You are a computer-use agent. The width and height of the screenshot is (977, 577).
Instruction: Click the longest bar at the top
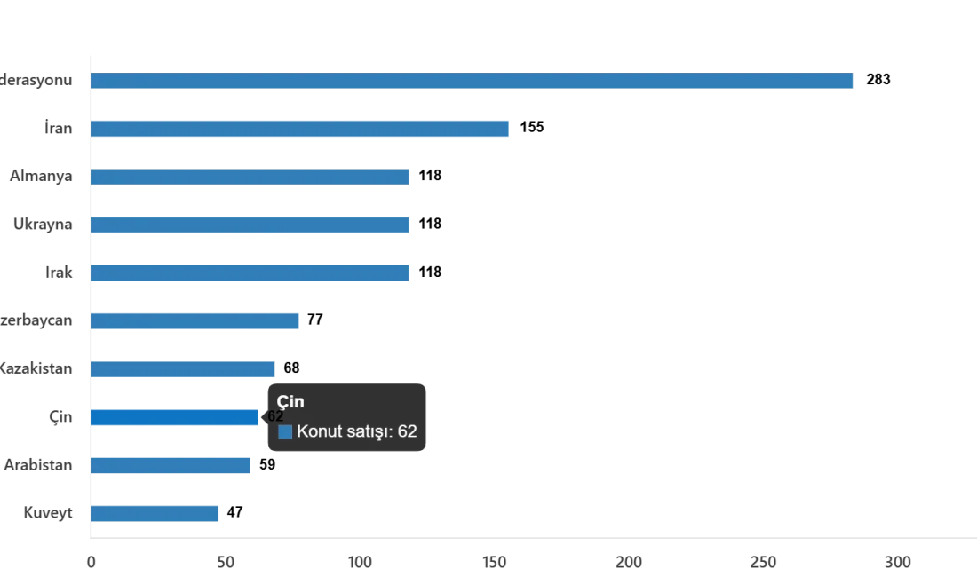474,81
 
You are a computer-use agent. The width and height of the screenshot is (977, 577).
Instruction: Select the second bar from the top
301,129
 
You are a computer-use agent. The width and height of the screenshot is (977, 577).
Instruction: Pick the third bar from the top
251,176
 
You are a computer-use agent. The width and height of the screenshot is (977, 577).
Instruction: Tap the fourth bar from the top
251,224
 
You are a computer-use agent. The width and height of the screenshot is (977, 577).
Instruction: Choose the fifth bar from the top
251,273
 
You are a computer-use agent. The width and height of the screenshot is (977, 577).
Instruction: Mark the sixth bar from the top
197,321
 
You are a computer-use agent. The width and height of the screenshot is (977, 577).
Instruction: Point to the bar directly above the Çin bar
184,368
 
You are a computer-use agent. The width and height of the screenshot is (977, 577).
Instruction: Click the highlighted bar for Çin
176,416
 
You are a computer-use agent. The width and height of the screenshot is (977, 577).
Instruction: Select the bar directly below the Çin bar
173,465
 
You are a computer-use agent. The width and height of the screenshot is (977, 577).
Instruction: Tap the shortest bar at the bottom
155,513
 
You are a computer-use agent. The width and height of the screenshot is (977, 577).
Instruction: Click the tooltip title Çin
290,402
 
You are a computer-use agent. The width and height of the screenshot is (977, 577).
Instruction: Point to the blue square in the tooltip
285,432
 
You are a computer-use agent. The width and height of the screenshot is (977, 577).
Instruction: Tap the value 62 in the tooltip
408,432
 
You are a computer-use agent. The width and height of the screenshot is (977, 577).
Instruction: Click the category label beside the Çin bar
62,416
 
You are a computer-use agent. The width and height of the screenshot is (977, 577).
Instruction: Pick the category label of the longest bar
39,79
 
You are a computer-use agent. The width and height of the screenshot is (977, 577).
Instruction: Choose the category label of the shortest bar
49,512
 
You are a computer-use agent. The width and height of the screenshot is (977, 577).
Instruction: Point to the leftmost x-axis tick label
91,561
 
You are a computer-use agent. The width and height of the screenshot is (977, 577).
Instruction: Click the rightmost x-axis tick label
898,561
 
